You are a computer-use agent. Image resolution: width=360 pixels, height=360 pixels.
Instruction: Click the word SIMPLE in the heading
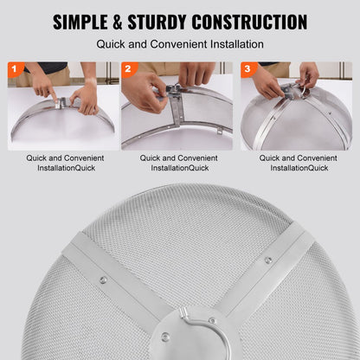(80, 22)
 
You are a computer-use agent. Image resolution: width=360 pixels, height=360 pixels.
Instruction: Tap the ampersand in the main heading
(118, 22)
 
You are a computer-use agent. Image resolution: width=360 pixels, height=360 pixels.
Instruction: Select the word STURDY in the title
(157, 22)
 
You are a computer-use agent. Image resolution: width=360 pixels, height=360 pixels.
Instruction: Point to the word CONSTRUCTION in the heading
(249, 22)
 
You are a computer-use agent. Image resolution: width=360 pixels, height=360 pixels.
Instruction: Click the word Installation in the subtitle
(237, 44)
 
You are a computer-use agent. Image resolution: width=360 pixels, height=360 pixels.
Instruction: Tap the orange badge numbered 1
(15, 68)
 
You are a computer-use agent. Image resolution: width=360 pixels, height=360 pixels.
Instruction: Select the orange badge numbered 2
(129, 68)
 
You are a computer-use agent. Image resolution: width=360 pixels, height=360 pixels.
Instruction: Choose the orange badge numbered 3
(248, 68)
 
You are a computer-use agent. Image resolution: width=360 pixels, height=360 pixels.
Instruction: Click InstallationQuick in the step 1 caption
(67, 168)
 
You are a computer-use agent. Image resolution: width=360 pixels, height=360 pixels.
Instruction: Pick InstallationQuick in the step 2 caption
(180, 168)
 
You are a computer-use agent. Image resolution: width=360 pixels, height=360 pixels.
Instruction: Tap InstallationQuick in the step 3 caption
(299, 168)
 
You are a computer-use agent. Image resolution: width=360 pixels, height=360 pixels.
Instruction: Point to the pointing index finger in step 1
(53, 96)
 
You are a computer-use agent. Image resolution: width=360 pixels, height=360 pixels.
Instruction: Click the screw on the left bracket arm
(103, 280)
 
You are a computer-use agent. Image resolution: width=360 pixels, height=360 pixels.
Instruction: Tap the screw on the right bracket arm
(268, 260)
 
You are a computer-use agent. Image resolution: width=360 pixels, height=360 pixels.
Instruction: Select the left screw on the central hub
(165, 337)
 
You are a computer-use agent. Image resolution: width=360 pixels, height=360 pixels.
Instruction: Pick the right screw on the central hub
(212, 320)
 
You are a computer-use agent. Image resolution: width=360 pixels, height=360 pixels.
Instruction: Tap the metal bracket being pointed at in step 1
(59, 103)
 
